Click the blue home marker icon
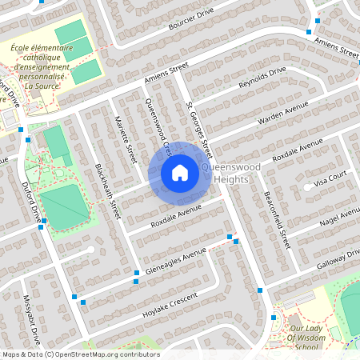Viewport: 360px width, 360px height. (x=180, y=171)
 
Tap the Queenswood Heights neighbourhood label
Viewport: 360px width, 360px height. (x=232, y=173)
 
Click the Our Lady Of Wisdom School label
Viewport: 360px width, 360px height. (x=310, y=338)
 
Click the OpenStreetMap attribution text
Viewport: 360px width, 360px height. (x=80, y=354)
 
